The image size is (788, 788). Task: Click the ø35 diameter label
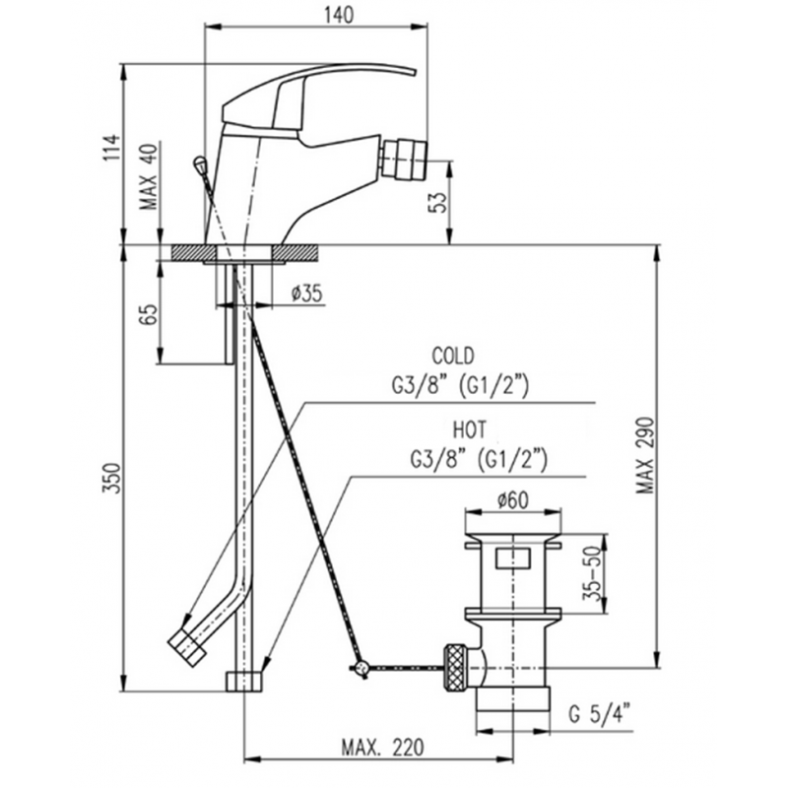(307, 293)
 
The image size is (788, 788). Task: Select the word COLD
(452, 356)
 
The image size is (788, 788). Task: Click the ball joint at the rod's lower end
(362, 669)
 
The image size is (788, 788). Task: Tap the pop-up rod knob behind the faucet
(200, 164)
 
